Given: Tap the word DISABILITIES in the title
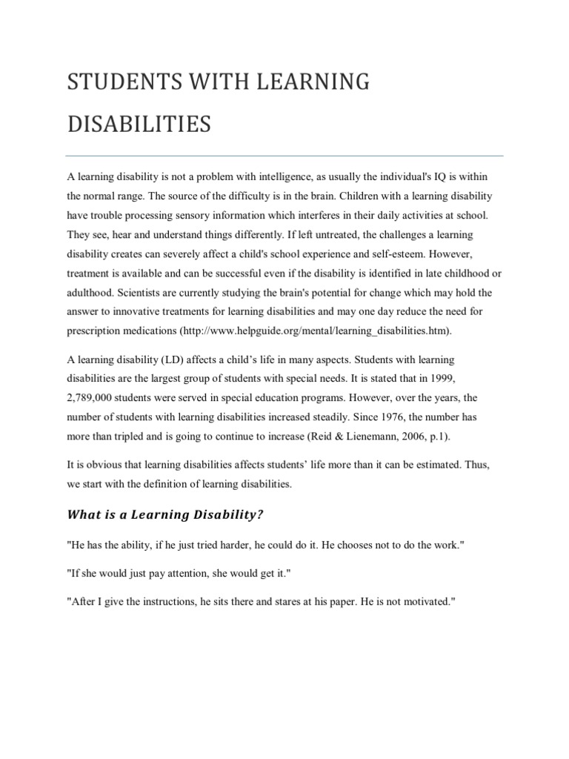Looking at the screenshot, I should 139,124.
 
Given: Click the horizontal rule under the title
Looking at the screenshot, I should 284,156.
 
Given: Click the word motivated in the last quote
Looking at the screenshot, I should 423,602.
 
